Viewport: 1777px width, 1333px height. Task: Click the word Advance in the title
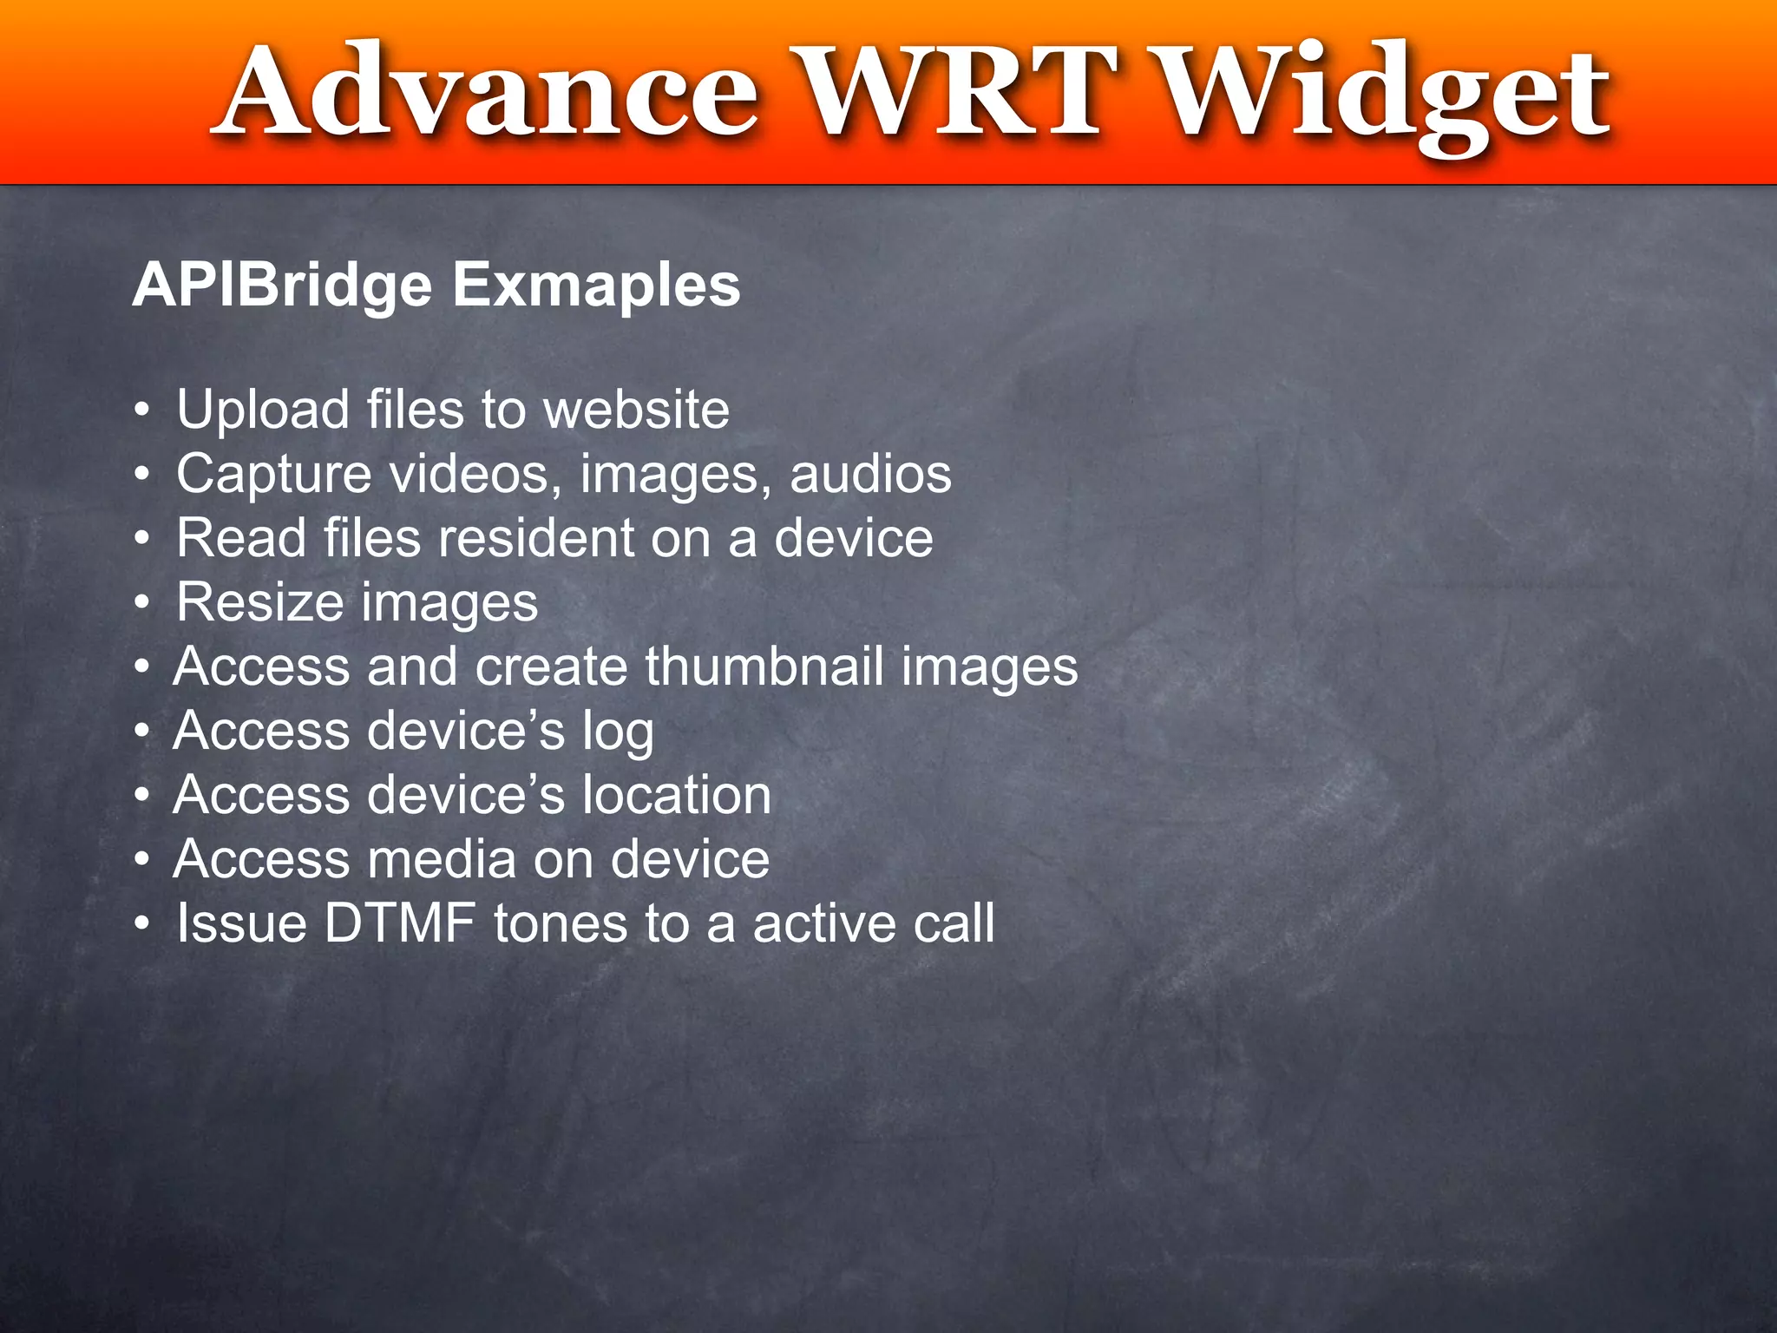[x=490, y=94]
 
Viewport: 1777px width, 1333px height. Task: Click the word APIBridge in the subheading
[x=282, y=286]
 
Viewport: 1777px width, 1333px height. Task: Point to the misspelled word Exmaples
[x=596, y=286]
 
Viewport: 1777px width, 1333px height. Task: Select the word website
[x=636, y=410]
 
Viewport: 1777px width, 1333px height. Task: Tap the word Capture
[x=274, y=476]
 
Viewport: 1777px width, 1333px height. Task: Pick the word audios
[x=870, y=474]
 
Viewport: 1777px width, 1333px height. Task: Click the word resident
[x=536, y=538]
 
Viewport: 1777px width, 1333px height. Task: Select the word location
[x=676, y=795]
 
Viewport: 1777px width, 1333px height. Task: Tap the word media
[x=442, y=859]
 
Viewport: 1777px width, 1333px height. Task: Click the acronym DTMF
[x=400, y=923]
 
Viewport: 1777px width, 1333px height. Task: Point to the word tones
[x=561, y=923]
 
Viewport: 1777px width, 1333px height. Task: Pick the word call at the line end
[x=954, y=923]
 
